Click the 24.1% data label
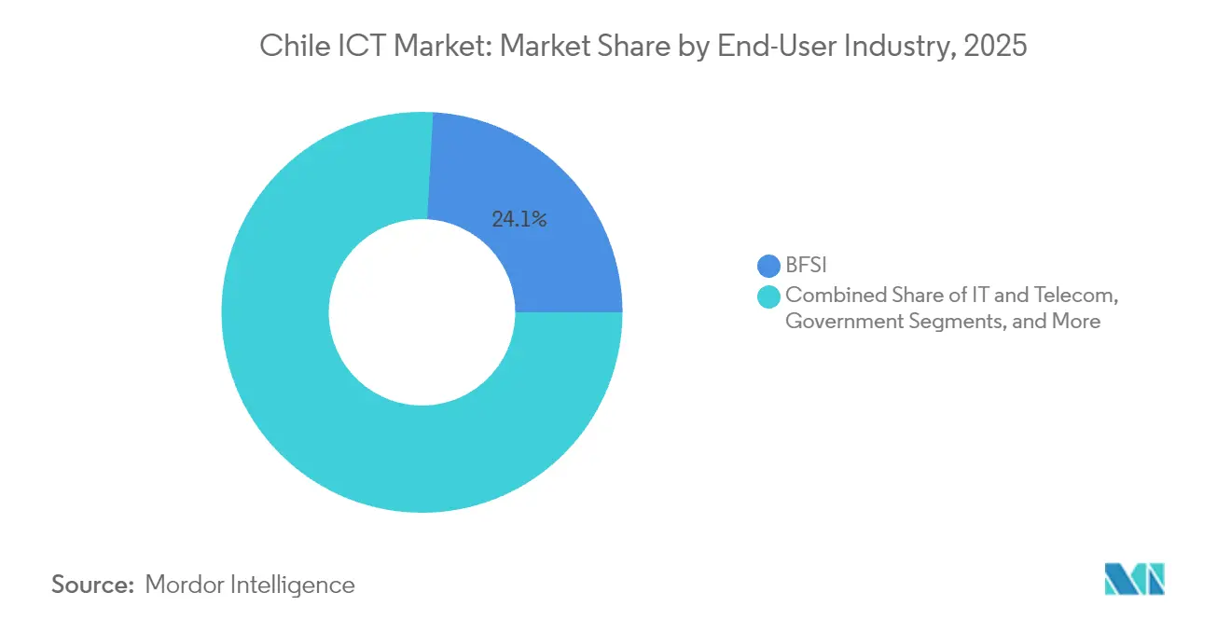pos(519,220)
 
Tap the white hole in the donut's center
pos(422,312)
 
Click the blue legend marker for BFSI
pos(769,267)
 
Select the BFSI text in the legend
pos(806,267)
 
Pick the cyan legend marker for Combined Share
pos(769,296)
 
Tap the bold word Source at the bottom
pos(92,585)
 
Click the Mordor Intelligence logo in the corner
pos(1135,579)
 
